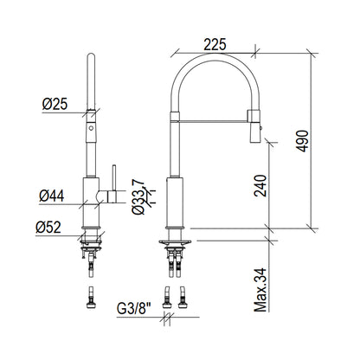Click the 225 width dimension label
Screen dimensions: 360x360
click(215, 45)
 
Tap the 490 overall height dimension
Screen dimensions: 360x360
click(303, 141)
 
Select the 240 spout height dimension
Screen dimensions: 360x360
click(260, 185)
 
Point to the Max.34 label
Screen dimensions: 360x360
click(260, 290)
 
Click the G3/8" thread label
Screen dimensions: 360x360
click(134, 309)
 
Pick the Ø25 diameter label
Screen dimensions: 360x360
click(55, 104)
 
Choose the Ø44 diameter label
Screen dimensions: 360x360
click(52, 196)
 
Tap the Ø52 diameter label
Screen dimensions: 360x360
click(48, 228)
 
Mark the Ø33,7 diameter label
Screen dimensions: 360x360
click(138, 196)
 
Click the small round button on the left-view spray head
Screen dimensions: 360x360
click(91, 128)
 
